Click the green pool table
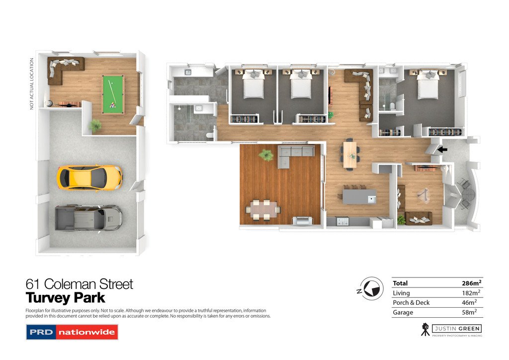coord(113,94)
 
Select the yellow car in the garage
coord(89,178)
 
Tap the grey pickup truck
coord(88,217)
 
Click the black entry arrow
coord(442,150)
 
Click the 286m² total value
coord(471,283)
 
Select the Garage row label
coord(403,312)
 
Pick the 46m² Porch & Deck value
coord(469,302)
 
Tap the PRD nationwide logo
coord(72,332)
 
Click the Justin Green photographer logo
coord(451,330)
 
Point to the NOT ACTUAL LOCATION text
coord(31,84)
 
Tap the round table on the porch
coord(468,195)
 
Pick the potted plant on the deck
coord(266,155)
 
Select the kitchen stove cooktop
coord(342,221)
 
